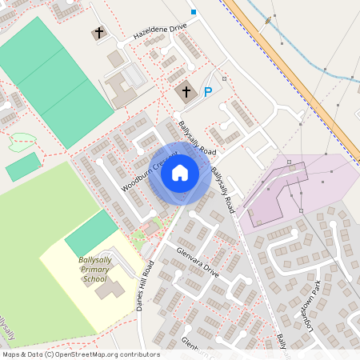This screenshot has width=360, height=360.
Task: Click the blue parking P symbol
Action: pyautogui.click(x=208, y=92)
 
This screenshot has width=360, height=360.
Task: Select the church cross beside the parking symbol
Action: pyautogui.click(x=187, y=91)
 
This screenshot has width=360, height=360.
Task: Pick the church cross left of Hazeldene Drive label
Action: pyautogui.click(x=99, y=33)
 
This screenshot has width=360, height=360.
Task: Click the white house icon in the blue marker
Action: pyautogui.click(x=180, y=173)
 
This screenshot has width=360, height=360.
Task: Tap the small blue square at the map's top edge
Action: pyautogui.click(x=193, y=12)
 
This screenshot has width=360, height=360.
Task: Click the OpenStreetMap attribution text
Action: pyautogui.click(x=79, y=354)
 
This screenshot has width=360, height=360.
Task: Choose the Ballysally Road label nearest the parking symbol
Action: pyautogui.click(x=197, y=138)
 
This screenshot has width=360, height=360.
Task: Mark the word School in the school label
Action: pyautogui.click(x=94, y=279)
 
